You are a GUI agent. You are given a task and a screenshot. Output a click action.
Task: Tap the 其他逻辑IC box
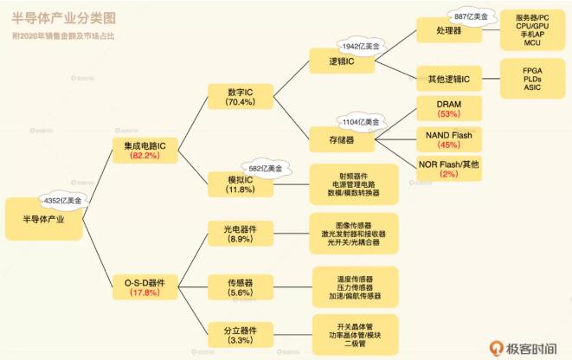click(x=448, y=80)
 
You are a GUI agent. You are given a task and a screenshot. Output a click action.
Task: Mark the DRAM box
click(x=448, y=107)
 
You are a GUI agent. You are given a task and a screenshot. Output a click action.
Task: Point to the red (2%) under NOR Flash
click(x=448, y=174)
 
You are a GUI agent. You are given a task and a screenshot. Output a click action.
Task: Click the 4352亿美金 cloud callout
click(x=62, y=200)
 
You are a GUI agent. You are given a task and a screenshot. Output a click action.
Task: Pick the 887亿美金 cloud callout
click(x=471, y=15)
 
